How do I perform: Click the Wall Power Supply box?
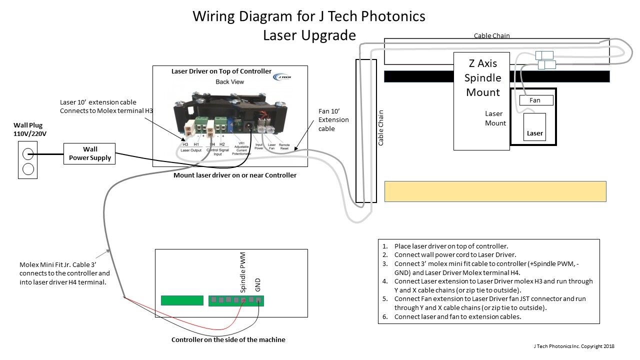click(89, 153)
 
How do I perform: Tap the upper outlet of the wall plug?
click(28, 153)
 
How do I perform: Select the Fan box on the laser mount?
click(536, 100)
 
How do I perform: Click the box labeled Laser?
click(534, 133)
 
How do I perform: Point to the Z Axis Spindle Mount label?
click(482, 78)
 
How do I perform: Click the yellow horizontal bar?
click(495, 191)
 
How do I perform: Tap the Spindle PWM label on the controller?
click(243, 272)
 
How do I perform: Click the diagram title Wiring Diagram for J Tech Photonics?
click(309, 16)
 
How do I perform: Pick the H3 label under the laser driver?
click(185, 144)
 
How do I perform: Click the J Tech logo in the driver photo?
click(280, 77)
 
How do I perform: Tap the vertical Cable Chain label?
click(381, 127)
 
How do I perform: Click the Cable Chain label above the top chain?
click(492, 36)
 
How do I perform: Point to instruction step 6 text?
click(457, 316)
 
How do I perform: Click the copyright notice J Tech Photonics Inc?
click(573, 346)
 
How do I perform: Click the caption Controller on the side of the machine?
click(228, 340)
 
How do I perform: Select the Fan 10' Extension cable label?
click(333, 120)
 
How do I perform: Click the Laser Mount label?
click(495, 118)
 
